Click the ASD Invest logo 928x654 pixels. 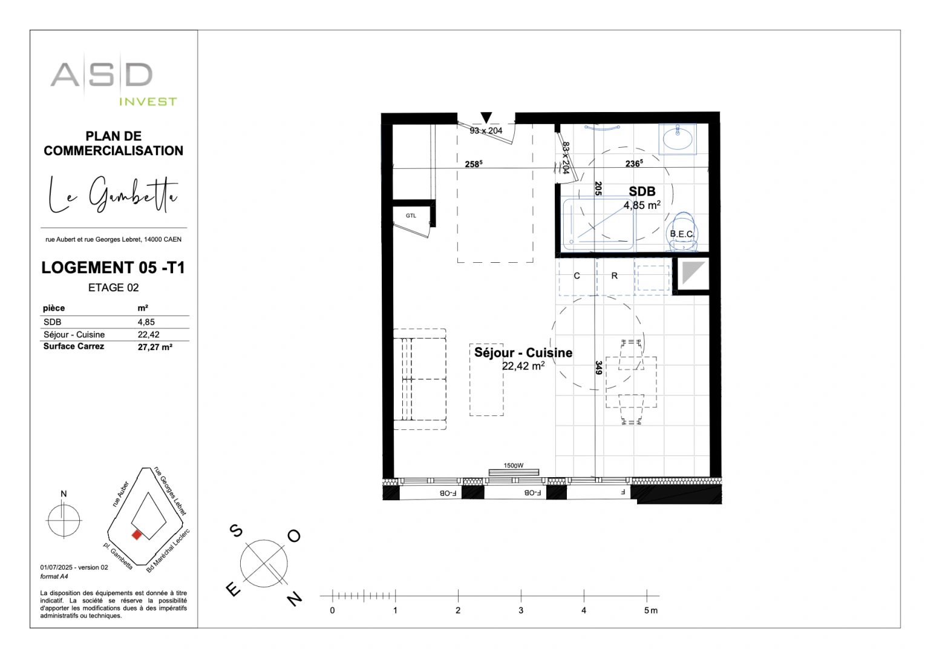[113, 83]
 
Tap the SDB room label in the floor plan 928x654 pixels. [642, 192]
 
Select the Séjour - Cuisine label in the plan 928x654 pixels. [523, 353]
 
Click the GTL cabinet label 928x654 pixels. [411, 216]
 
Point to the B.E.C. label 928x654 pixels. [681, 234]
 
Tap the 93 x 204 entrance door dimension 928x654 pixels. [486, 131]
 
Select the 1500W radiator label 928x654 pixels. [513, 466]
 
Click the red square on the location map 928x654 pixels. [137, 535]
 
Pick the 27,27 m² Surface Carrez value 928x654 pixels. [155, 347]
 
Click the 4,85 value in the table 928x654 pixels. [146, 322]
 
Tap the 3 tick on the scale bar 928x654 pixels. [521, 610]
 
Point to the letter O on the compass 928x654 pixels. [294, 536]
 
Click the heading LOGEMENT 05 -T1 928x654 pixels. [113, 268]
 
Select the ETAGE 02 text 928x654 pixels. [113, 288]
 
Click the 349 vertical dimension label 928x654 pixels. [598, 368]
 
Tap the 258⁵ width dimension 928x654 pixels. [473, 164]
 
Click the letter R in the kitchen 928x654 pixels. [615, 276]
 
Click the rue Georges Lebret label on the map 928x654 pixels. [171, 490]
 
